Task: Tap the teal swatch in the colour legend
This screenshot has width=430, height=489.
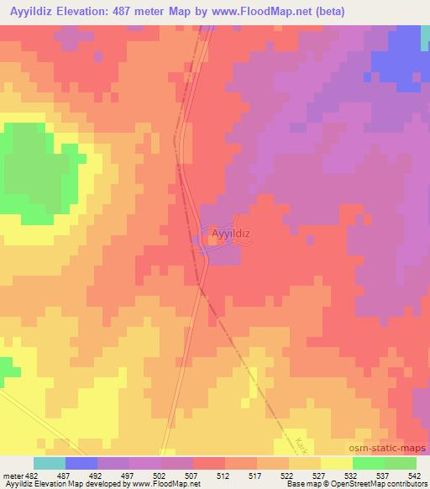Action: pos(50,463)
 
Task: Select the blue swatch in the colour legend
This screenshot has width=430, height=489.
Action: pos(81,463)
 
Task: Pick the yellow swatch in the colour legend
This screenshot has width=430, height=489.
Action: pos(336,463)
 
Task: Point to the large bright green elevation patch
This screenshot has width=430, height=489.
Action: pos(34,172)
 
